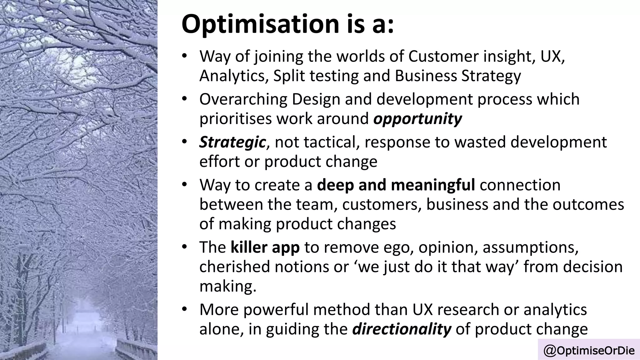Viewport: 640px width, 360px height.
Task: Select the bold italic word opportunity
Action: pos(417,119)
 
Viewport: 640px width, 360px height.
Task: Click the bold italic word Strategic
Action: pos(232,142)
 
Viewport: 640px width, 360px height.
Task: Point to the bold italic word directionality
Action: pos(402,329)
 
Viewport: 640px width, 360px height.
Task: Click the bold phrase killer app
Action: pos(265,247)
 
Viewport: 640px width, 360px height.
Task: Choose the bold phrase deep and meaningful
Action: pos(396,185)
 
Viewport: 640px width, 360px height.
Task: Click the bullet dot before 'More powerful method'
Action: pos(184,309)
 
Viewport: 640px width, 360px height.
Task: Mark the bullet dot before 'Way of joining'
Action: pos(184,57)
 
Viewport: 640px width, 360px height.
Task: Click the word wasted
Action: pos(480,142)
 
